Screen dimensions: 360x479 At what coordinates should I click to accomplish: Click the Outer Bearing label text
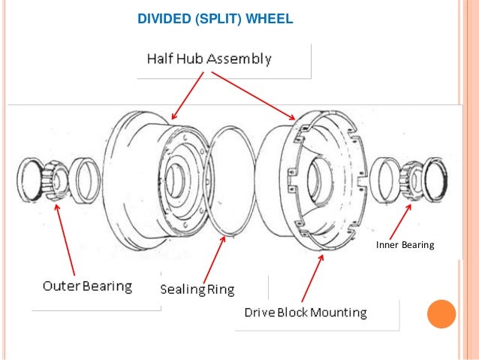86,286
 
